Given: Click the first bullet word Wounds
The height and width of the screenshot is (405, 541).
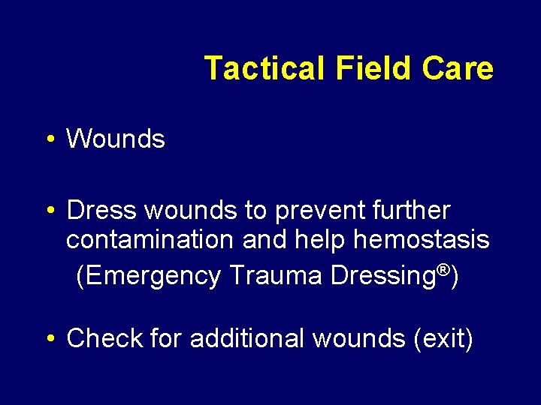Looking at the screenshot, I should (116, 139).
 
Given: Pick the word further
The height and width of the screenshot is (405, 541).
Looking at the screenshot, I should (415, 211).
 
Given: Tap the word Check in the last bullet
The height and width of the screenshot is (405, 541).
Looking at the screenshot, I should (104, 338).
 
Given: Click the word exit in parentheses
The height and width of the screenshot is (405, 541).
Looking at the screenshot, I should (443, 339).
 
